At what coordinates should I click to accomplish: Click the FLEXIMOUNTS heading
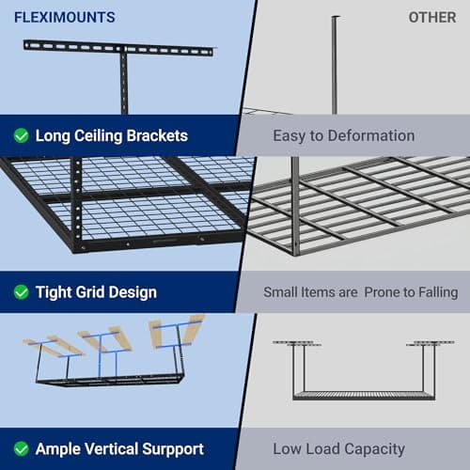(65, 17)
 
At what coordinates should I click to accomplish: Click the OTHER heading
(431, 17)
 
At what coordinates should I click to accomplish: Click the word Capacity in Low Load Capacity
(374, 449)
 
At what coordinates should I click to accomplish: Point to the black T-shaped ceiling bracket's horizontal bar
(117, 47)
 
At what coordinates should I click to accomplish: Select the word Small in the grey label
(280, 292)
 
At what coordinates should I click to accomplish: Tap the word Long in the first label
(53, 135)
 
